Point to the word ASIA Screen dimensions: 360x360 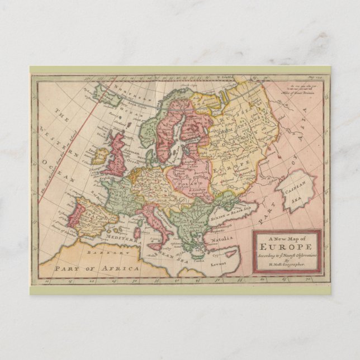[x=306, y=144]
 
